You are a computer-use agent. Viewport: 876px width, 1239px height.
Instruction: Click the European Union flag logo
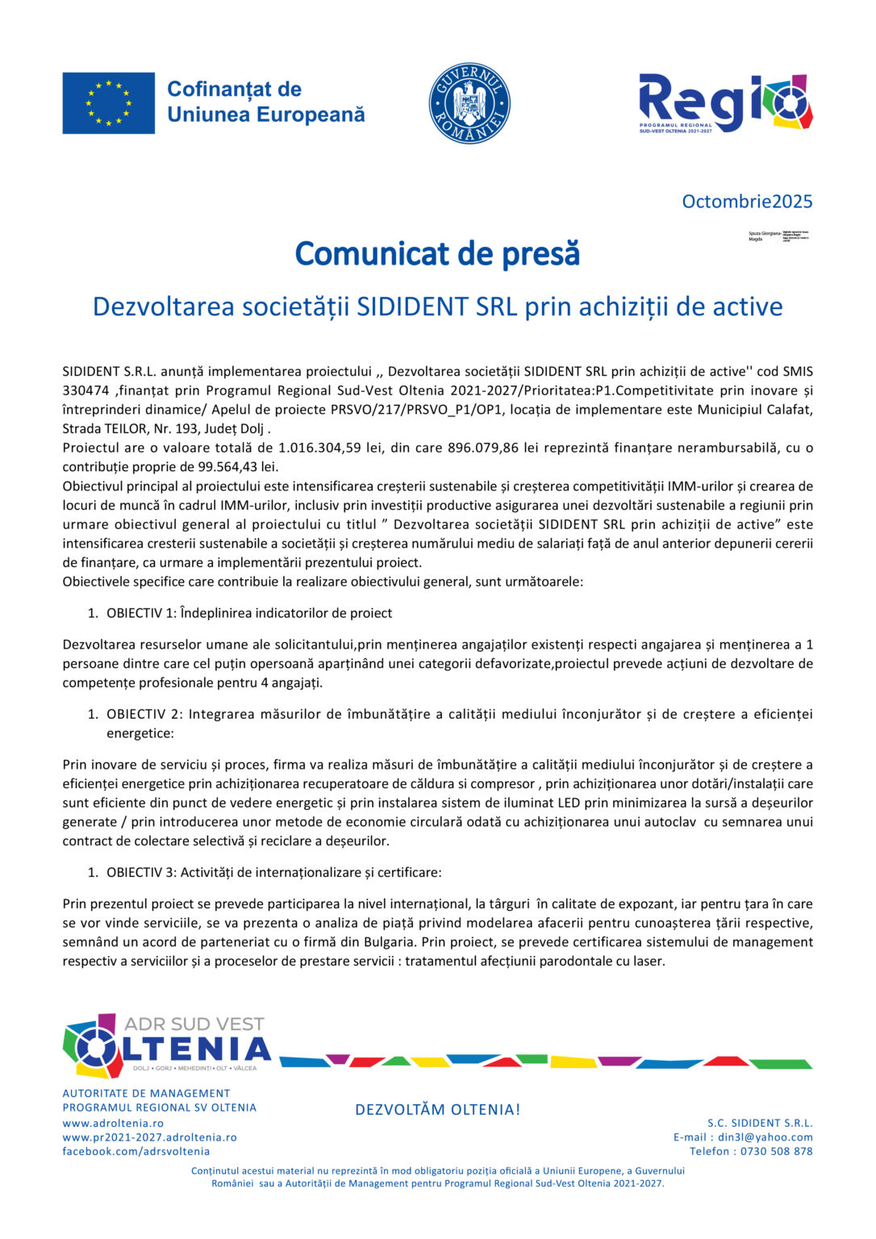[x=108, y=103]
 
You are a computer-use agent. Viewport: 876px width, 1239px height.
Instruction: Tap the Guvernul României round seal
[x=469, y=103]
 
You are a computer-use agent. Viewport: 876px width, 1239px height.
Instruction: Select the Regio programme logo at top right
[x=725, y=103]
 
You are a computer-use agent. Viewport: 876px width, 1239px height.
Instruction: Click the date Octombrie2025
[x=747, y=202]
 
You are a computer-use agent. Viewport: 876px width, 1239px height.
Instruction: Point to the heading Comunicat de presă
[x=437, y=253]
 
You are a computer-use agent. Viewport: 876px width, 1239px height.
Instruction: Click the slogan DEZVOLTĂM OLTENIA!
[x=437, y=1110]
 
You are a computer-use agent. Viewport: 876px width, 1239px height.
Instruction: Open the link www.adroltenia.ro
[x=113, y=1123]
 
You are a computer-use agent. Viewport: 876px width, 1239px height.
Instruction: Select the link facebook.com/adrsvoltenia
[x=136, y=1151]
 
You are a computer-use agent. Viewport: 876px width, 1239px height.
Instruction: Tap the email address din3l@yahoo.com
[x=765, y=1137]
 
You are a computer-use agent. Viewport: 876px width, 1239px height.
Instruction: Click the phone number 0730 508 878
[x=776, y=1151]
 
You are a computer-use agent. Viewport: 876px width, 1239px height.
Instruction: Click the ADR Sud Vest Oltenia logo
[x=166, y=1046]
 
